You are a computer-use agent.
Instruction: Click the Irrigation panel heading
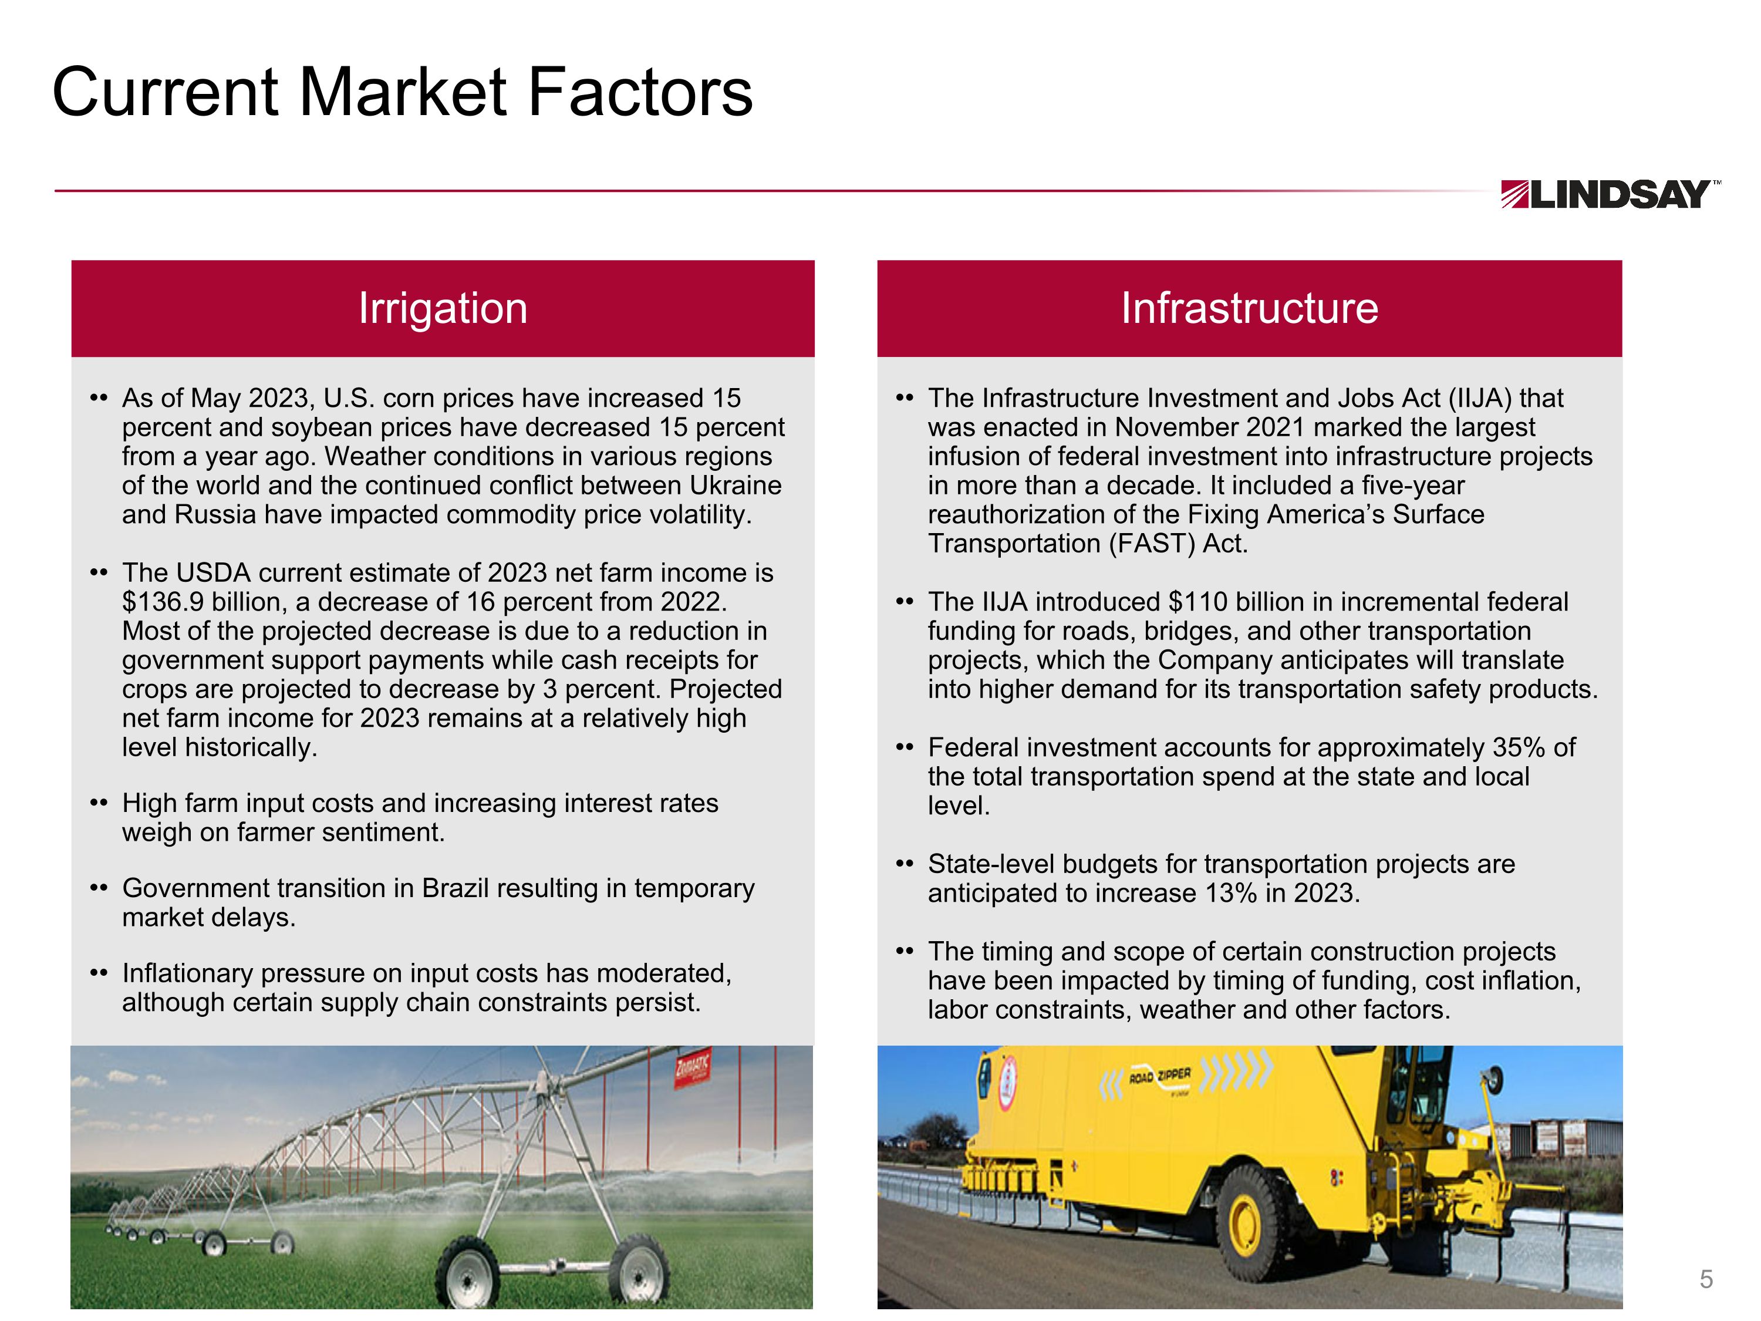[443, 308]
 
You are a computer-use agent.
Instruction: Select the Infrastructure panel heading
[1249, 308]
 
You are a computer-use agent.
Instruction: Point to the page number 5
[1706, 1278]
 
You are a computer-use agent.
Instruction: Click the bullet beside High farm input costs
[99, 803]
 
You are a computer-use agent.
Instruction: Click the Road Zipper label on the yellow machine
[1160, 1077]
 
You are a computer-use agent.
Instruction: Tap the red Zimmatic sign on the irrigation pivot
[692, 1069]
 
